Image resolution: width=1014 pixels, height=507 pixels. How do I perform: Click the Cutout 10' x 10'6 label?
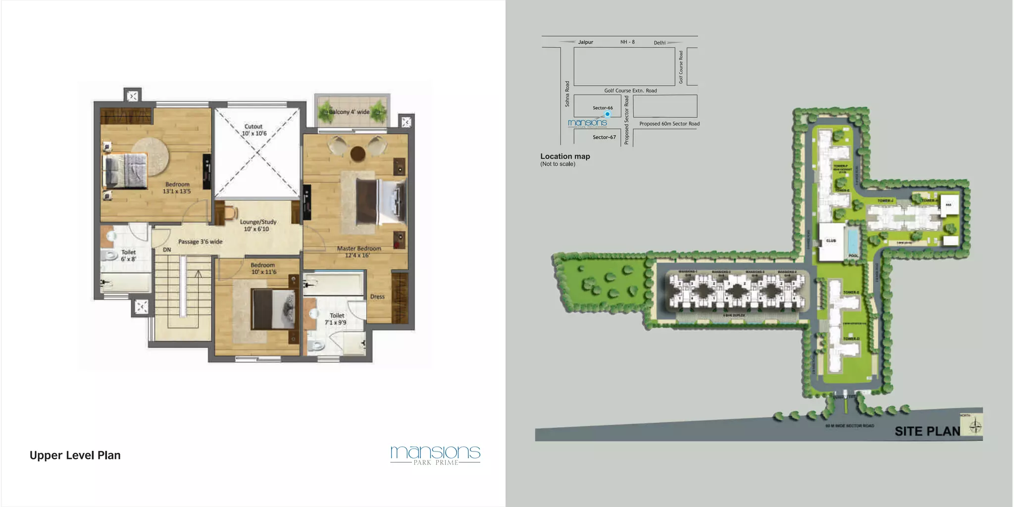(x=254, y=130)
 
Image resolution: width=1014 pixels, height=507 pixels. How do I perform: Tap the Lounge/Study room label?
(x=258, y=225)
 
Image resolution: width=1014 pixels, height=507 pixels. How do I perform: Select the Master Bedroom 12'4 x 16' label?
(x=358, y=252)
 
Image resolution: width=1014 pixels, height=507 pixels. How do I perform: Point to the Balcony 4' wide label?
(x=349, y=112)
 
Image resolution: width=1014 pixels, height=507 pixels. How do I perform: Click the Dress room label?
(x=377, y=297)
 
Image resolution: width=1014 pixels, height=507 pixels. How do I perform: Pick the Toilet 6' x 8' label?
(x=128, y=255)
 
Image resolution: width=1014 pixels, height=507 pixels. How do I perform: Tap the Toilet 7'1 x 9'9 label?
(x=336, y=319)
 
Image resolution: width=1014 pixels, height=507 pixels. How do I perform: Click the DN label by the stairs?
(x=167, y=250)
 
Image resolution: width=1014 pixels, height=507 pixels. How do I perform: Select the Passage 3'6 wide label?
(x=200, y=242)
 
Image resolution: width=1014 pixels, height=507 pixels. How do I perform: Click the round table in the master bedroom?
(x=357, y=153)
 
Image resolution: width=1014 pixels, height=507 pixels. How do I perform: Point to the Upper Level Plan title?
(x=75, y=455)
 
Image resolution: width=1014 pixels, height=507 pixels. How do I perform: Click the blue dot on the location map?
(x=608, y=114)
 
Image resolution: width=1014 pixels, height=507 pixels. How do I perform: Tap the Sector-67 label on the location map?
(x=604, y=137)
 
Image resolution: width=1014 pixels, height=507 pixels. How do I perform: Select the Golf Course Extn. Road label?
(x=630, y=91)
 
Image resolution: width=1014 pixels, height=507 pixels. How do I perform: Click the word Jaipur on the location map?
(x=585, y=42)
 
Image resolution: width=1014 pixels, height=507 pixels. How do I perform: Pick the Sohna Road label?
(x=567, y=94)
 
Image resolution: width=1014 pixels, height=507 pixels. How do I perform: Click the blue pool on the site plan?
(x=853, y=241)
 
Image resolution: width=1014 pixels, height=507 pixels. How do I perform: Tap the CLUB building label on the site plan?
(x=831, y=241)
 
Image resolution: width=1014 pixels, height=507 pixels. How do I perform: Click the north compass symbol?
(x=975, y=426)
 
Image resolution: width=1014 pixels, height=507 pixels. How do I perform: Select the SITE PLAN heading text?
(x=927, y=431)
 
